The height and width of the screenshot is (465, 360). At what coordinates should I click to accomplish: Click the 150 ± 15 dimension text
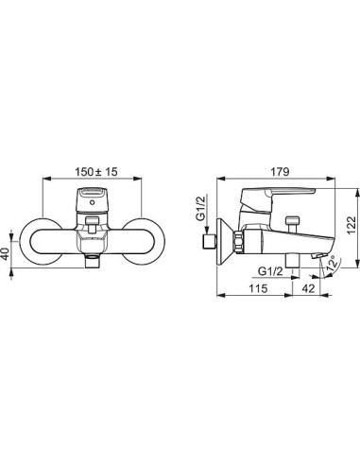coord(96,172)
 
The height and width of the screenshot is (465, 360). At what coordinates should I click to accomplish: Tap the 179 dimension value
coord(280,172)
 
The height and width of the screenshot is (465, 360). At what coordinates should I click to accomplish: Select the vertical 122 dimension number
coord(351,226)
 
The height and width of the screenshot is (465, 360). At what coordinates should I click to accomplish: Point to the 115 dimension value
coord(258,288)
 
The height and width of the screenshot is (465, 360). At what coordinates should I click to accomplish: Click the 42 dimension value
coord(308,288)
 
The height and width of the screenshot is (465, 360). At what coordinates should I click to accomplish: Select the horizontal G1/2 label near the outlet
coord(270,271)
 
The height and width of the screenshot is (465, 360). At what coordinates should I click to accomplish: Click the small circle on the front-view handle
coord(92,202)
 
